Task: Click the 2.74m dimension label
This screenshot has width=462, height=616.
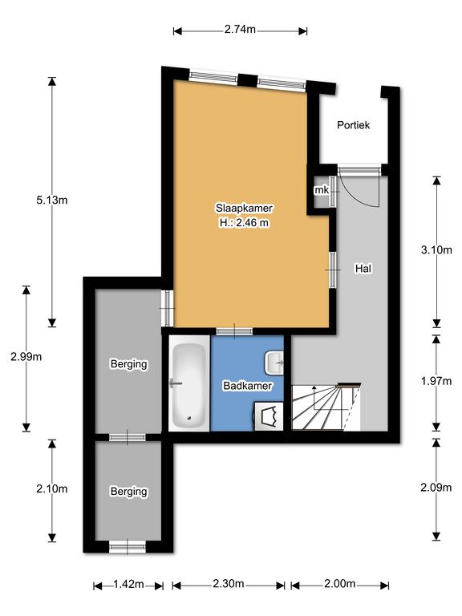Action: [240, 30]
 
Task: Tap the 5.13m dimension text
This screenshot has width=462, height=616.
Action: [52, 200]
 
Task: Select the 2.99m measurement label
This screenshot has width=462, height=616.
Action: [26, 357]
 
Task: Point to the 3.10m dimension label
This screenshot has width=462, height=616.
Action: [436, 250]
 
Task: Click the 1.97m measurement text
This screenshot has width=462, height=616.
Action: [436, 381]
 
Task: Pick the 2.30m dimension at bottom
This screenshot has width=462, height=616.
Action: [229, 584]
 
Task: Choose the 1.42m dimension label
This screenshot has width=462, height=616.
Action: [128, 584]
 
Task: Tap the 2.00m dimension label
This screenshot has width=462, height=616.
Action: [340, 584]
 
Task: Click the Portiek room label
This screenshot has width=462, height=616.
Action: [354, 125]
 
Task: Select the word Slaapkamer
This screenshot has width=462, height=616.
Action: [244, 208]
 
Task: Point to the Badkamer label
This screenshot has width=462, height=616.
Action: [248, 385]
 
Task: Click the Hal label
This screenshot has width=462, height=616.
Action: [363, 269]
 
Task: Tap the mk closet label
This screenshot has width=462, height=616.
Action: [322, 190]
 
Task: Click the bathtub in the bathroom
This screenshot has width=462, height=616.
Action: [189, 385]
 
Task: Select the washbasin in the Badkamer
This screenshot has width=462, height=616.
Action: [274, 363]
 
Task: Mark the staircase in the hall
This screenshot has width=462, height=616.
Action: [326, 407]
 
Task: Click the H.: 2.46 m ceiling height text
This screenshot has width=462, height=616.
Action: [244, 223]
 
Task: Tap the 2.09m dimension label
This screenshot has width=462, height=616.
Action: [436, 488]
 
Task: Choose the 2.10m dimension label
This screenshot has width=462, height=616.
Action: [52, 488]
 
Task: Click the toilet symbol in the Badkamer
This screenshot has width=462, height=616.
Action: [269, 416]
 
